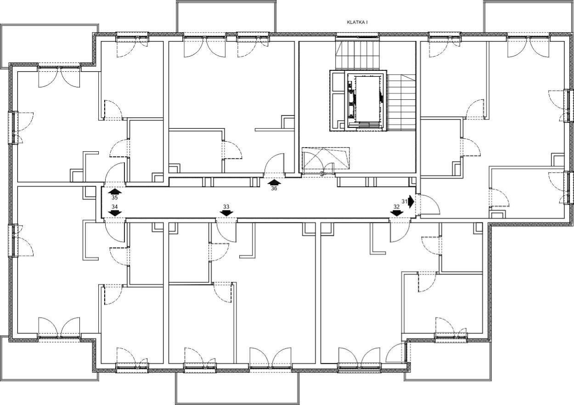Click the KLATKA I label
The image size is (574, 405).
[x=357, y=23]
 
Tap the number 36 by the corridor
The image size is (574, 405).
[x=274, y=188]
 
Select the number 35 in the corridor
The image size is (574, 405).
[x=114, y=198]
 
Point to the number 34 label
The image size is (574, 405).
[x=114, y=206]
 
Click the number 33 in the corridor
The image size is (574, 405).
[x=226, y=207]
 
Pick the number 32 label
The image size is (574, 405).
[x=396, y=207]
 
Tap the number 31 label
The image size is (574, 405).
[x=405, y=201]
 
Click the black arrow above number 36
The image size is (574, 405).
[x=274, y=182]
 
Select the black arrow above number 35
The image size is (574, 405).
[x=114, y=191]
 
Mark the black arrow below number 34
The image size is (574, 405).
[x=114, y=213]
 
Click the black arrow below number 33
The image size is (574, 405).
[x=226, y=213]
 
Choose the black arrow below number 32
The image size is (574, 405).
[x=396, y=213]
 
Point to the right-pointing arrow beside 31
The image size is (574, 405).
[x=411, y=202]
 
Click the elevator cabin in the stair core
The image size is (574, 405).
[x=366, y=99]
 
